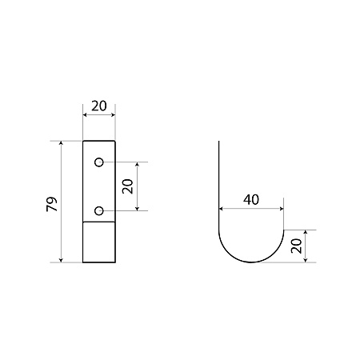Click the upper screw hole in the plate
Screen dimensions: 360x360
click(99, 162)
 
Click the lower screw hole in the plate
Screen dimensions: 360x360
click(99, 211)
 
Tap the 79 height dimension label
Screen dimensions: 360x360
click(52, 204)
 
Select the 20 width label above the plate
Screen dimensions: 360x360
click(99, 106)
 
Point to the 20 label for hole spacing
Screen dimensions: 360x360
click(127, 186)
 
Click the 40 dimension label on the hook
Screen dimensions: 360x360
click(251, 199)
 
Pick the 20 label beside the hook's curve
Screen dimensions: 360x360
click(296, 246)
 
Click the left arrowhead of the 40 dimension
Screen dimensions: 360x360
click(221, 209)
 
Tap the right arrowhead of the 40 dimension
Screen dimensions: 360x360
click(282, 209)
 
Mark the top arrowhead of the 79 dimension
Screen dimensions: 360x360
click(61, 143)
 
